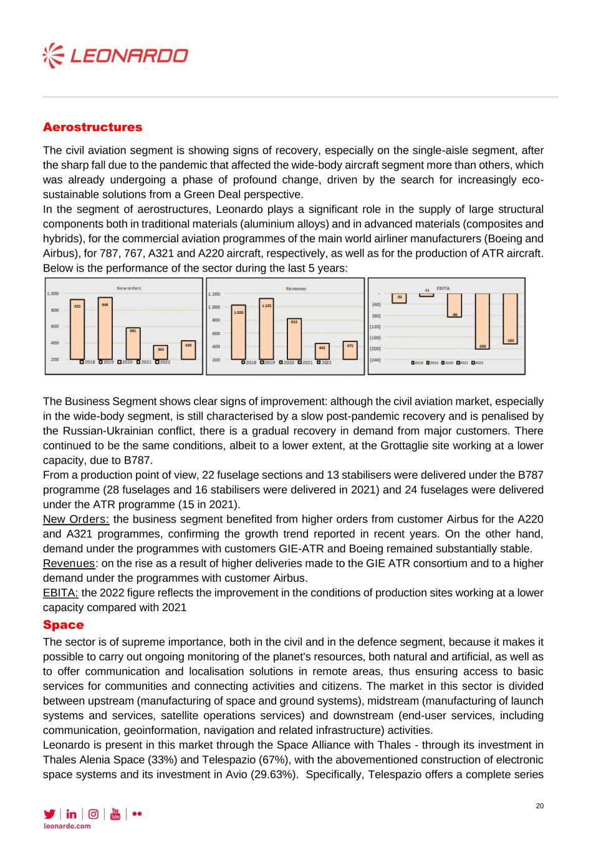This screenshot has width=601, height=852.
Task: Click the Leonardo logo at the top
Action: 115,56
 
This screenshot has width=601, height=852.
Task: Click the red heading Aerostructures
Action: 92,127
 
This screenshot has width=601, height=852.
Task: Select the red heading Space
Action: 63,625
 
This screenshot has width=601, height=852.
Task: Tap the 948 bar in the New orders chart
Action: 105,328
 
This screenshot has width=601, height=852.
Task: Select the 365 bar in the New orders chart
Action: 161,353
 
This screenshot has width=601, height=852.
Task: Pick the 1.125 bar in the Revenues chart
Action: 266,329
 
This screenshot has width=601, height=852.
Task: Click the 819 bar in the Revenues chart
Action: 294,339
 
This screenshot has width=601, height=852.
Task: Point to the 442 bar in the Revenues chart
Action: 322,351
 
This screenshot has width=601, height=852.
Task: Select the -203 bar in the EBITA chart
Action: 482,321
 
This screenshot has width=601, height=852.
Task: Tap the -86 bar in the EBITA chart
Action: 454,305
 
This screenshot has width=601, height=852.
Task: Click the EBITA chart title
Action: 443,288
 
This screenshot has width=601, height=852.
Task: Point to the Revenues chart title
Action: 296,288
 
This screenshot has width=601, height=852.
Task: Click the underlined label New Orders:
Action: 76,519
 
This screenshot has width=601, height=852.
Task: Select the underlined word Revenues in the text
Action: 69,564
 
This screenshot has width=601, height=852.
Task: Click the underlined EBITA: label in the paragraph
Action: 60,593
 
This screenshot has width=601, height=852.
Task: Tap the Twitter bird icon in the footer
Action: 49,814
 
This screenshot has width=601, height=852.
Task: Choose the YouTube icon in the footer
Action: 115,814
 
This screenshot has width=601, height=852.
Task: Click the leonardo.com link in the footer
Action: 67,826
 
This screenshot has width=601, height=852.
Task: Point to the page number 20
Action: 540,806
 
